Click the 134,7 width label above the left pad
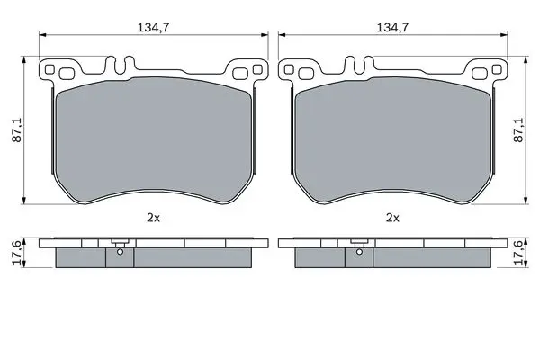coord(153,27)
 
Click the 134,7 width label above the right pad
coord(392,27)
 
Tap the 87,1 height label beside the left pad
coord(17,130)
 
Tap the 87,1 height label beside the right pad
coord(518,130)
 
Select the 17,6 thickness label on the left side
coord(17,253)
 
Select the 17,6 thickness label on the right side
coord(518,253)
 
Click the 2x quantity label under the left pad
coord(153,218)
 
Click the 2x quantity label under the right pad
coord(392,218)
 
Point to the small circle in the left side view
coord(120,252)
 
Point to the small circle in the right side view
coord(359,252)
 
